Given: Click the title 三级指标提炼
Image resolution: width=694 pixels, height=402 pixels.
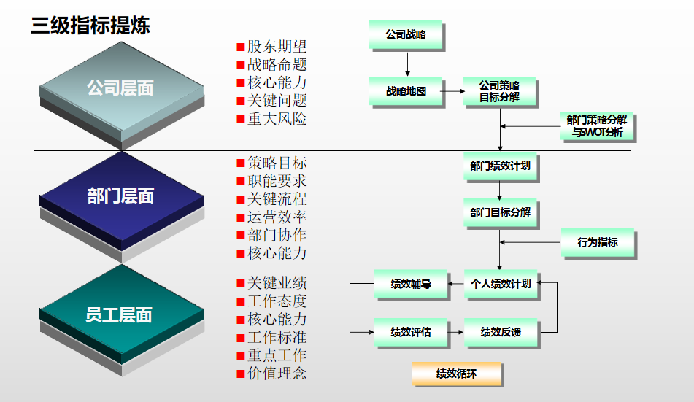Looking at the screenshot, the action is coord(90,26).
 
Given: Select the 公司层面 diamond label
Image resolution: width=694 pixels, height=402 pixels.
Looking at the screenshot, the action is coord(120,88).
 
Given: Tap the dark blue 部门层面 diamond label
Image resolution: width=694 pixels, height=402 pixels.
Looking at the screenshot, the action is coord(120,196).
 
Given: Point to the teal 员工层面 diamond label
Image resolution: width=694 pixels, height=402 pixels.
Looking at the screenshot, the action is coord(119,314).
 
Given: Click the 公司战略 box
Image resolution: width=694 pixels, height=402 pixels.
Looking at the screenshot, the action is coord(406,34).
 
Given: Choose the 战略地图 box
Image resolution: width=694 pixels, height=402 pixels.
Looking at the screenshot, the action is coord(406,91).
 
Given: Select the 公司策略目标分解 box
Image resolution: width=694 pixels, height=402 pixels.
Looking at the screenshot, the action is coord(499,91).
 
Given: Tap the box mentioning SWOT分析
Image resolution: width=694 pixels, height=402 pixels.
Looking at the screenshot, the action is coord(597,125).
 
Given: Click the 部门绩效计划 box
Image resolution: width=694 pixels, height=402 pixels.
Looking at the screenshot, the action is coord(500,166).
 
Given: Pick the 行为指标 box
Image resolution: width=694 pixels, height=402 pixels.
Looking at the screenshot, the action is coord(598,243).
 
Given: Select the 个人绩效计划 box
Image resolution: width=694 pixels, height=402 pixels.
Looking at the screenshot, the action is coord(501,284).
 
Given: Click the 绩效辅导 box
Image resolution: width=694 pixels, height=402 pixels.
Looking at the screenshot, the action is coord(411,284).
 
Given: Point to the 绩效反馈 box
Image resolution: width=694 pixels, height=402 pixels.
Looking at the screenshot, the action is coord(501,332).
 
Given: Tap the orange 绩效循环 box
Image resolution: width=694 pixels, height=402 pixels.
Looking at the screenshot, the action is coord(456,374).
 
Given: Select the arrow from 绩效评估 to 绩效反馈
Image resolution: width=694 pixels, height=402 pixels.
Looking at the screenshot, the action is coord(455,332).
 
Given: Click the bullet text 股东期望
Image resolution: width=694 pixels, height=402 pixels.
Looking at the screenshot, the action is coord(277,47).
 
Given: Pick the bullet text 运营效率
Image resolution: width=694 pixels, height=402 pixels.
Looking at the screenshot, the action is coord(277,217).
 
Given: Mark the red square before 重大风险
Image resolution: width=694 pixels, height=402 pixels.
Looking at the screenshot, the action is coord(241,119).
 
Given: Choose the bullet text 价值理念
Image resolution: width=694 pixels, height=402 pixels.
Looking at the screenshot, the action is coord(277,374).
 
